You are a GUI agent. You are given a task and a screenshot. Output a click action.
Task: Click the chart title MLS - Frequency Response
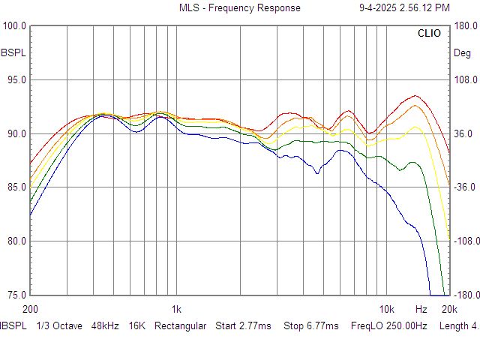pyautogui.click(x=239, y=8)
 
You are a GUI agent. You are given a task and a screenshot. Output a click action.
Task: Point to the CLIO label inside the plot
pyautogui.click(x=430, y=34)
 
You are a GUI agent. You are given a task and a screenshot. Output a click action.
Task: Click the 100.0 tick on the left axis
pyautogui.click(x=15, y=26)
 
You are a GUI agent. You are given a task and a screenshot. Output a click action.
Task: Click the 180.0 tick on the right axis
pyautogui.click(x=466, y=26)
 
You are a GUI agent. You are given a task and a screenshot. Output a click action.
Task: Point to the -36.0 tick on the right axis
pyautogui.click(x=466, y=187)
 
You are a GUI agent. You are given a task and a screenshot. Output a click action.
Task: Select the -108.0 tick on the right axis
pyautogui.click(x=464, y=241)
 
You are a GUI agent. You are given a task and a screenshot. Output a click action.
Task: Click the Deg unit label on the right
pyautogui.click(x=462, y=53)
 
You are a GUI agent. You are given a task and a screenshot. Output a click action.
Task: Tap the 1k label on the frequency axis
pyautogui.click(x=176, y=309)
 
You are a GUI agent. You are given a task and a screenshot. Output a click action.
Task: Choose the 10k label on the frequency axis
pyautogui.click(x=386, y=309)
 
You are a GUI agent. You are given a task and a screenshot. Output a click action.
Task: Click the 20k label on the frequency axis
pyautogui.click(x=449, y=309)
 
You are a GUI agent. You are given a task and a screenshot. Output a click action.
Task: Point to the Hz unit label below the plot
pyautogui.click(x=421, y=309)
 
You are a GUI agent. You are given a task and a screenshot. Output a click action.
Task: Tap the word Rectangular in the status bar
pyautogui.click(x=180, y=326)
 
